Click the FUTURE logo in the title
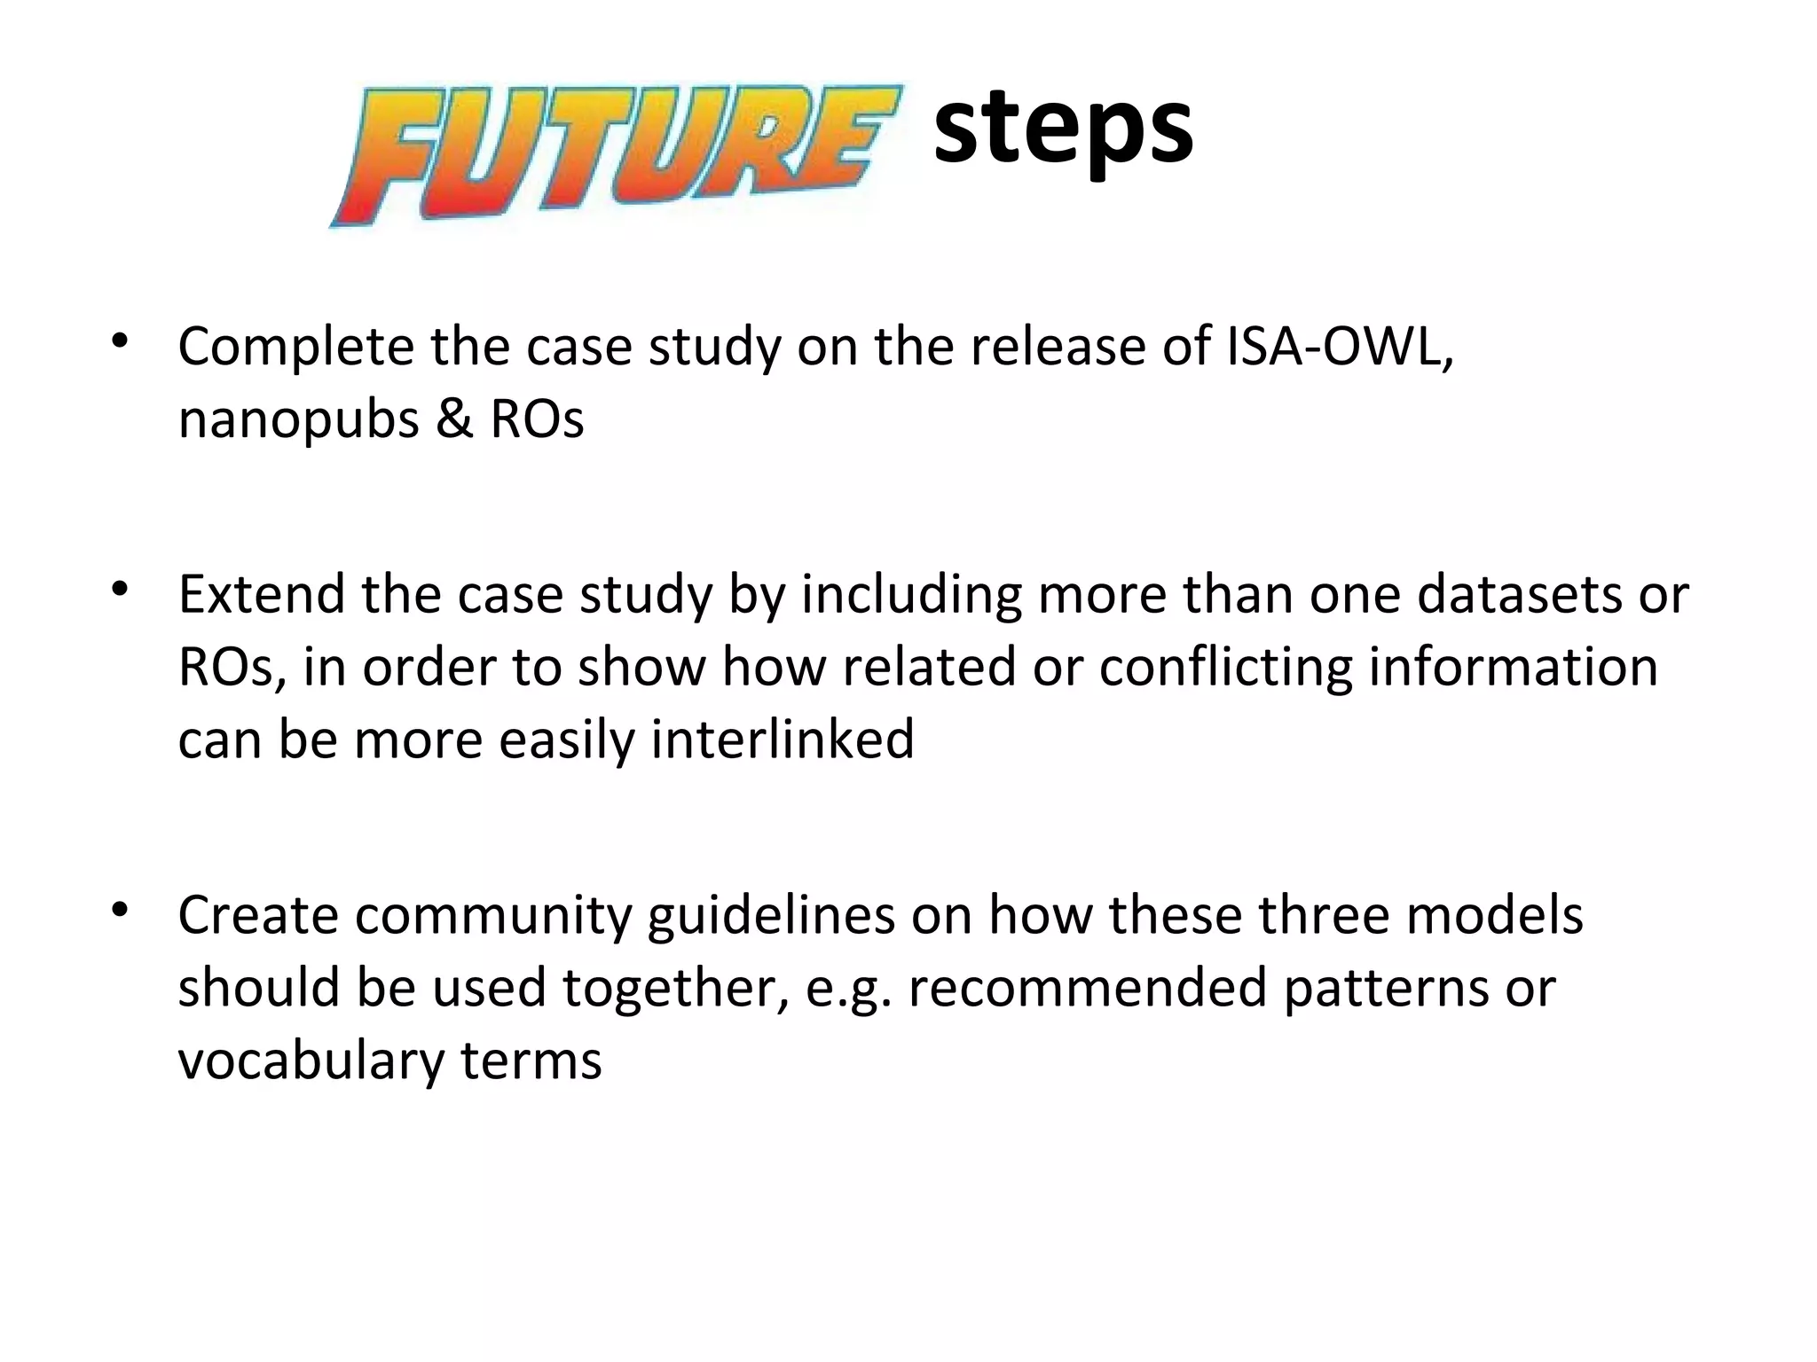point(616,156)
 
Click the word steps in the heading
point(1063,129)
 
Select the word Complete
point(295,348)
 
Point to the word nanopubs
point(298,420)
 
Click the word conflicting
point(1225,667)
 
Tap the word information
point(1513,667)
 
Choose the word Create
point(258,915)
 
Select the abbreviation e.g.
point(848,990)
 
